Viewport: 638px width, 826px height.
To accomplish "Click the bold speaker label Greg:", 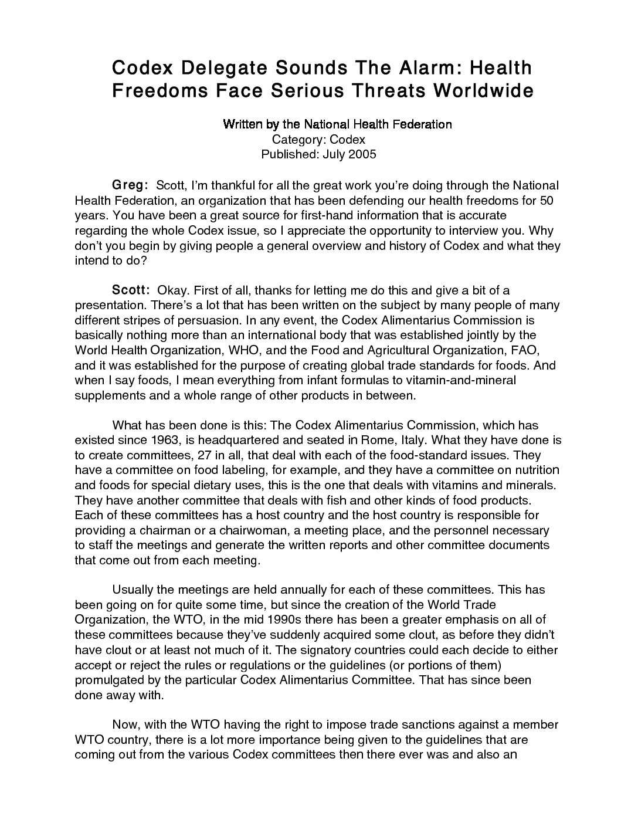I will (130, 185).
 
